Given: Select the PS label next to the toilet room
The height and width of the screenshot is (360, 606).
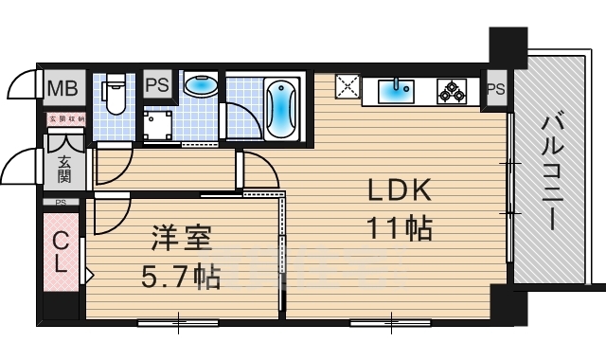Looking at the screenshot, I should [157, 84].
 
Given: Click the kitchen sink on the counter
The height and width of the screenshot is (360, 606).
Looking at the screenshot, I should [395, 91].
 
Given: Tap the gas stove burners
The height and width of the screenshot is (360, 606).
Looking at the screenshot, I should [451, 92].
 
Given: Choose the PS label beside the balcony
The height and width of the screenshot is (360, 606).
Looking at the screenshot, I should [495, 90].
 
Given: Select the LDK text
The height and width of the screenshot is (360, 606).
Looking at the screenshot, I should [400, 191].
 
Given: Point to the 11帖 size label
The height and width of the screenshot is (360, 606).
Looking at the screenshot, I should [400, 227].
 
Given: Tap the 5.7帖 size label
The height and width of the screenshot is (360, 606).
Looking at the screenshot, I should [182, 277].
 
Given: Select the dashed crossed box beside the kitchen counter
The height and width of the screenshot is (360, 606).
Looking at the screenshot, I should [348, 87].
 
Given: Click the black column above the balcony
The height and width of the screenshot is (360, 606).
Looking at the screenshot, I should [508, 47].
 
